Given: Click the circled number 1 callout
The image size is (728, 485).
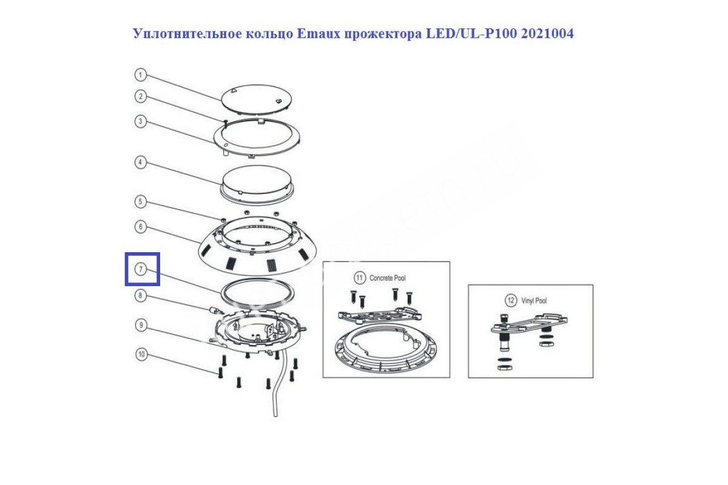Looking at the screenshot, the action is point(140,75).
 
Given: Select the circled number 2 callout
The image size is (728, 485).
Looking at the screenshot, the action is point(140,96).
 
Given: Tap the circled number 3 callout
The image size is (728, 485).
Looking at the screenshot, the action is point(140,121).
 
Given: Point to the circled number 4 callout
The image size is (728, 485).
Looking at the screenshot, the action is point(140,162).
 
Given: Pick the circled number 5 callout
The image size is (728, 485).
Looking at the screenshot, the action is point(140,201).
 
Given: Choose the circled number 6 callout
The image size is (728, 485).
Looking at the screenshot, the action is point(140,226).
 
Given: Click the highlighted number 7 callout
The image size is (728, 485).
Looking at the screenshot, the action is point(141,269).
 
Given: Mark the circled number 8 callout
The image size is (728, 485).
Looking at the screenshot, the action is point(140,296).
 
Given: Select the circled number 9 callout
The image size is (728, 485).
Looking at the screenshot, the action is point(141,325).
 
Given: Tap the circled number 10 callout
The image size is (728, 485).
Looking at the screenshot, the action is point(142,354).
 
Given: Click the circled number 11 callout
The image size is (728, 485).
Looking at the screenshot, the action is point(359,278).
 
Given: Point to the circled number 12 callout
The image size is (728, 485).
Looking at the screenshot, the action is point(511,300).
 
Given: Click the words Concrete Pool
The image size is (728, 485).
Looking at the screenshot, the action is point(388,278).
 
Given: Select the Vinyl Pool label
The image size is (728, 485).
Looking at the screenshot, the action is point(534,301).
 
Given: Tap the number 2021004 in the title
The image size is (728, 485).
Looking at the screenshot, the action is point(547,34).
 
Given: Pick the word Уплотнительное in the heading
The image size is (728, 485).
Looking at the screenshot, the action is point(187,34).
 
